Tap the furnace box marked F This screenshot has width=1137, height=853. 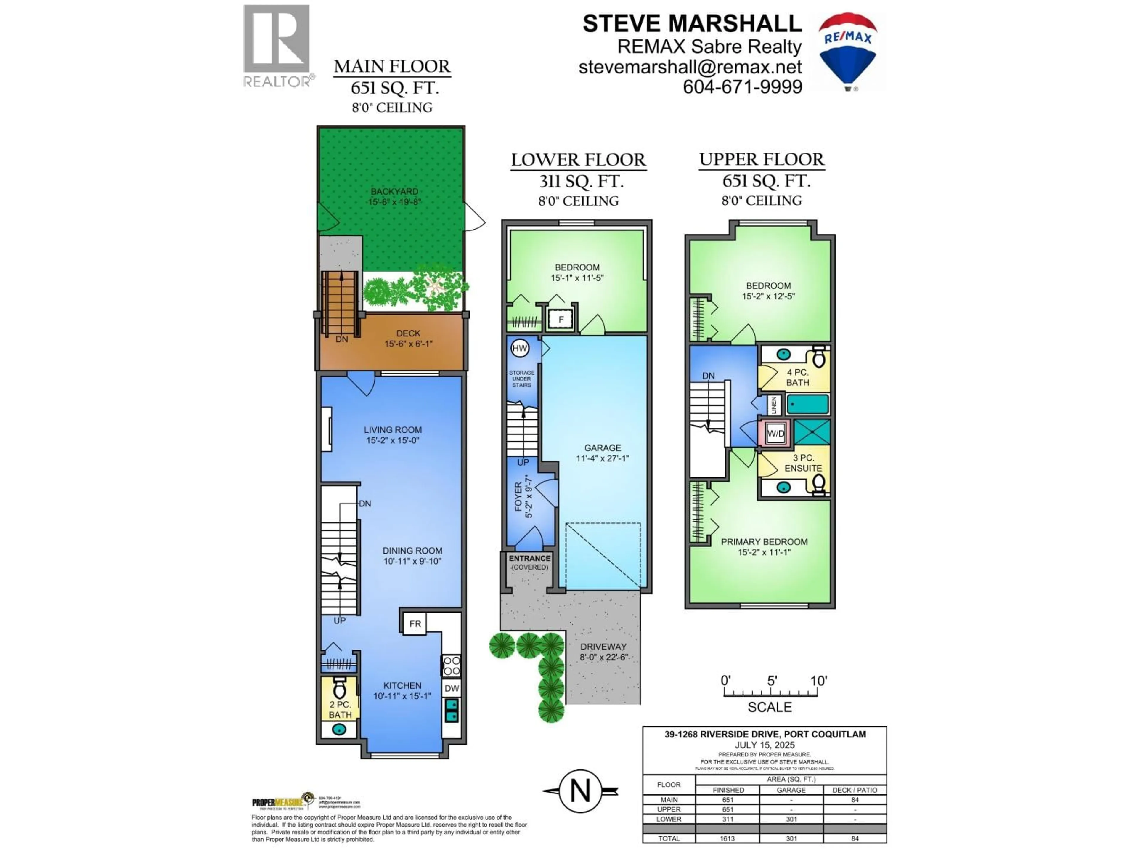561,319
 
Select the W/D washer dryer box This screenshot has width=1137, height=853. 775,433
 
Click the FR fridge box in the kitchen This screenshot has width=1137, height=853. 415,624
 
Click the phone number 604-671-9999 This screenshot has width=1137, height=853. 742,87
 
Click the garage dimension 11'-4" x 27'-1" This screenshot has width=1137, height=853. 603,458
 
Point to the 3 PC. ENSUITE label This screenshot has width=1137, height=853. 803,463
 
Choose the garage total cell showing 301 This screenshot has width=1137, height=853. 791,838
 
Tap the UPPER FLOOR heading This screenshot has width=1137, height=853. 761,159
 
